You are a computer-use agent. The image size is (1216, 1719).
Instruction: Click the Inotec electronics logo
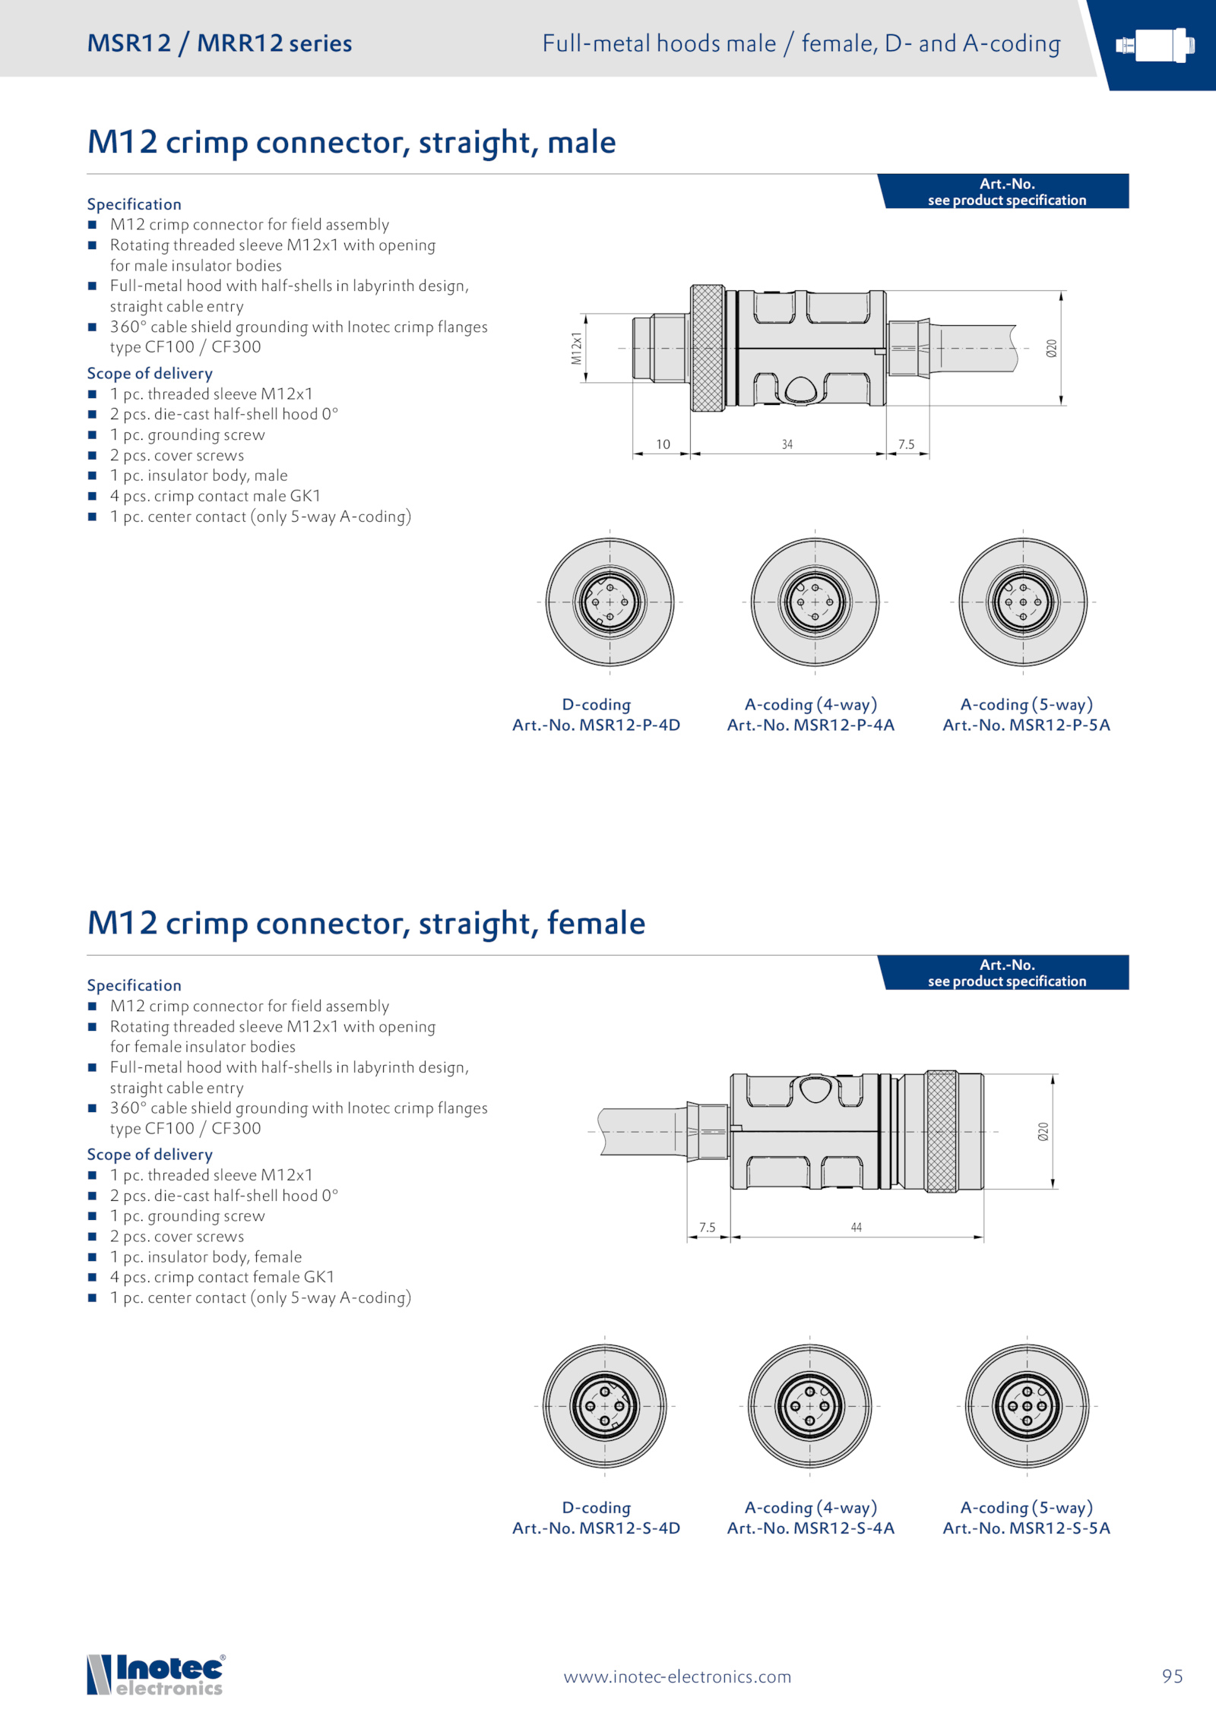tap(155, 1675)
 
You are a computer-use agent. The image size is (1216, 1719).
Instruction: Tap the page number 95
tap(1172, 1676)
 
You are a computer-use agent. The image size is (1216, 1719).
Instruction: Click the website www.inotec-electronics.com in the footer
tap(677, 1676)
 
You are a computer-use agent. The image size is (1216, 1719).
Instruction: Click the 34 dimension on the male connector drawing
tap(787, 444)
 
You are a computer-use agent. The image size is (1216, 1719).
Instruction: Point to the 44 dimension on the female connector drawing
tap(857, 1227)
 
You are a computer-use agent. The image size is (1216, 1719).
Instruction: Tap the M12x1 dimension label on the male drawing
tap(577, 348)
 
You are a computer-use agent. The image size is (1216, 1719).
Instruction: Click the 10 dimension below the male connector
tap(663, 444)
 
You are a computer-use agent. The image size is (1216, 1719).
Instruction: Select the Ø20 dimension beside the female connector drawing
tap(1043, 1132)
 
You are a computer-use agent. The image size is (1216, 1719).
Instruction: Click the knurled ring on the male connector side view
tap(707, 348)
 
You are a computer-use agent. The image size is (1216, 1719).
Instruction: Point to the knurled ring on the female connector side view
tap(942, 1131)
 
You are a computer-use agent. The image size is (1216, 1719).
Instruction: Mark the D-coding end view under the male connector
tap(610, 602)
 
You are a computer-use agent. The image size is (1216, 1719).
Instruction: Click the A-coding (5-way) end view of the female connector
tap(1027, 1406)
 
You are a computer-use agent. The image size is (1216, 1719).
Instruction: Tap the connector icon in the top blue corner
tap(1154, 46)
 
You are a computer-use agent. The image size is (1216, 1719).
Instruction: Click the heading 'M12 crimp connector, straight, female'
tap(366, 923)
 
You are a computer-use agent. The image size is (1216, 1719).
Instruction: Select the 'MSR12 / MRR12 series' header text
tap(220, 43)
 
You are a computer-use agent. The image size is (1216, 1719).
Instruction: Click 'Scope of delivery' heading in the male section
tap(150, 373)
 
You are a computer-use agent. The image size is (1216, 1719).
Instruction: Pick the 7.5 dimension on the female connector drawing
tap(708, 1227)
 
